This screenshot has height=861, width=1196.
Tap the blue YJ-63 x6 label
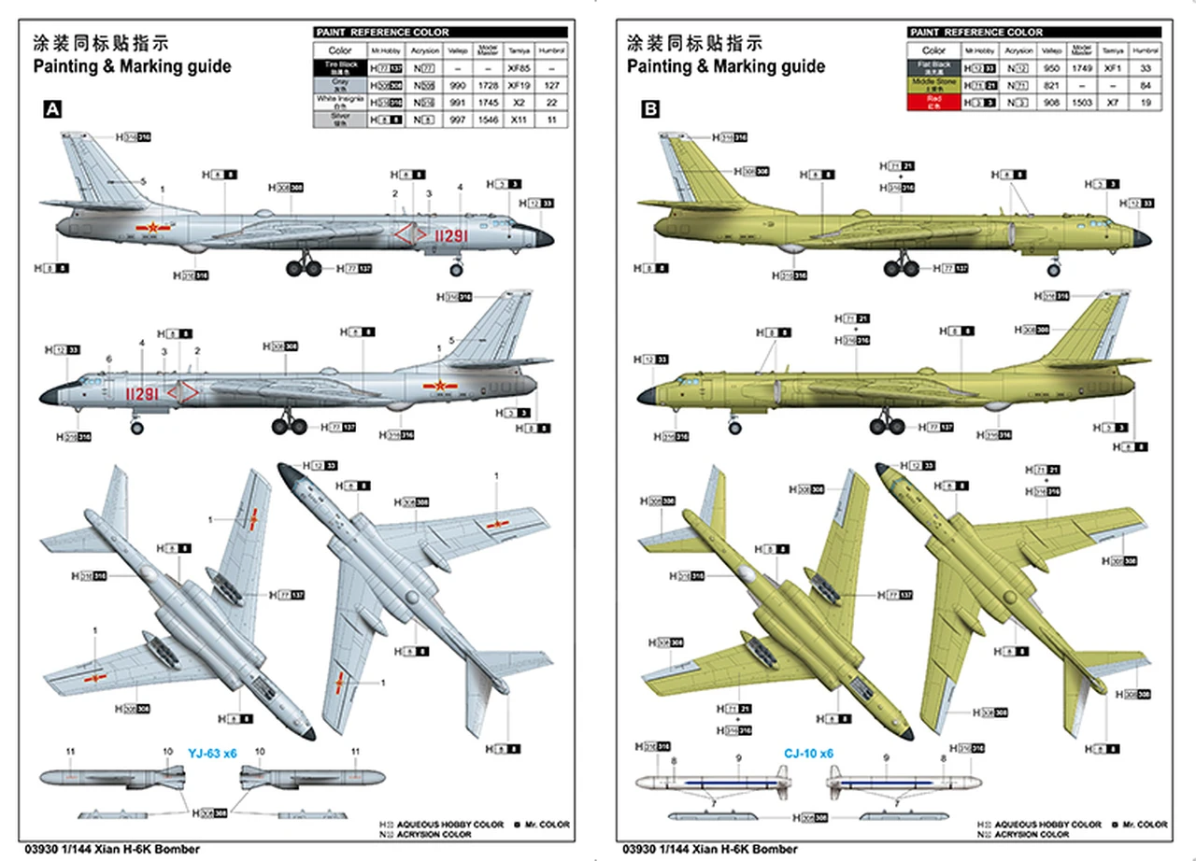coord(212,754)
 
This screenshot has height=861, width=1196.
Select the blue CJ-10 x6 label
coord(807,754)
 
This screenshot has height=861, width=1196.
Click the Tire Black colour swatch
coord(340,68)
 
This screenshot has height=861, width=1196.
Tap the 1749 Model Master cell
coord(1082,68)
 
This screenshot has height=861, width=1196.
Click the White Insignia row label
coord(340,102)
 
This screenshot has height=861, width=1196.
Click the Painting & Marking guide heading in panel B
coord(726,66)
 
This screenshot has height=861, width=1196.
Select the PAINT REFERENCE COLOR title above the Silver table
coord(382,32)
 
